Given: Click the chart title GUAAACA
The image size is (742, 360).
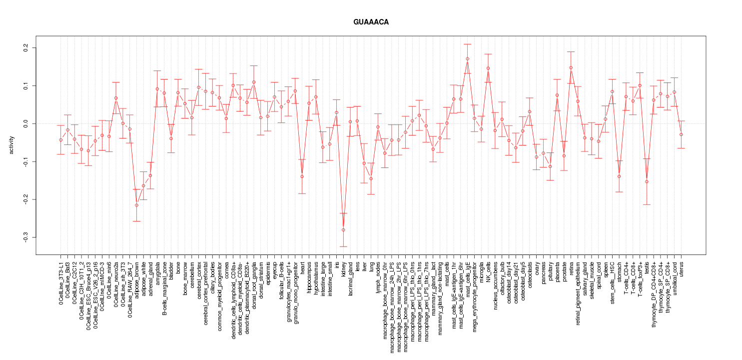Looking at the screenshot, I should (x=371, y=22).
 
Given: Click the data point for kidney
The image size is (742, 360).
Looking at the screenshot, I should (x=343, y=230).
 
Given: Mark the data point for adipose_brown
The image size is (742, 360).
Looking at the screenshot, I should (x=136, y=205).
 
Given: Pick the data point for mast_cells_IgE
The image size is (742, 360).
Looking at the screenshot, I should (x=467, y=58).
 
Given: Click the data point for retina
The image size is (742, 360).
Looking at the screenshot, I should (x=571, y=67).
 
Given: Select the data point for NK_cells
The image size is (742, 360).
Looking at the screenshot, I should (x=488, y=68).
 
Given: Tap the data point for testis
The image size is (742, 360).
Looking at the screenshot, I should (x=647, y=181).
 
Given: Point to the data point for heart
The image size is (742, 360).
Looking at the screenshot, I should (x=302, y=176).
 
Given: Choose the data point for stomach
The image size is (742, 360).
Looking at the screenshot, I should (x=619, y=176).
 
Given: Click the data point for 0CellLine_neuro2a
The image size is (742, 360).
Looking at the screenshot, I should (x=116, y=98).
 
